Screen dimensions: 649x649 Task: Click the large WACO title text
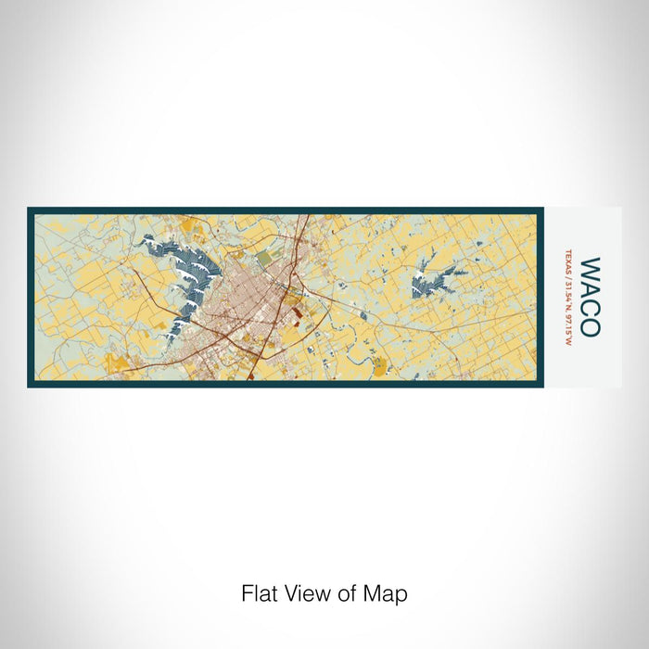coord(590,297)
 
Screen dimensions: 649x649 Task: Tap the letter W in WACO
coord(590,270)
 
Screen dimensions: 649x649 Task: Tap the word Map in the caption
coord(389,593)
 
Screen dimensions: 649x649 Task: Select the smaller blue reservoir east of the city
coord(431,275)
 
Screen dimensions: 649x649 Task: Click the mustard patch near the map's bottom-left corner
coord(115,362)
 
